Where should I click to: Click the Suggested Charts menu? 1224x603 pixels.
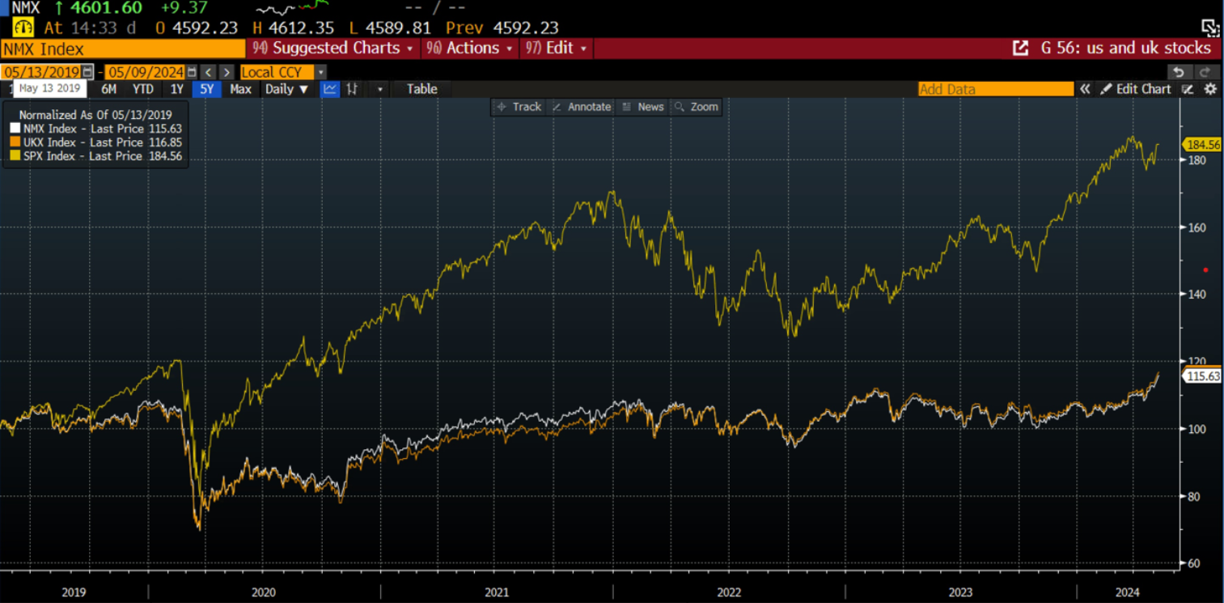pyautogui.click(x=336, y=49)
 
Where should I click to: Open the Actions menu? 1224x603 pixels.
pyautogui.click(x=472, y=49)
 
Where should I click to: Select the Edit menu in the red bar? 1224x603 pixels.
pyautogui.click(x=558, y=49)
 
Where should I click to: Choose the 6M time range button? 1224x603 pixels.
pyautogui.click(x=108, y=89)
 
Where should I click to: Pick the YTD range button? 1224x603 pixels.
pyautogui.click(x=142, y=89)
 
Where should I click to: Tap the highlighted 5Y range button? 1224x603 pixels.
pyautogui.click(x=207, y=89)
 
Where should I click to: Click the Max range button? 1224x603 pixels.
pyautogui.click(x=240, y=89)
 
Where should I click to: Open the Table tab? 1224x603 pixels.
pyautogui.click(x=421, y=89)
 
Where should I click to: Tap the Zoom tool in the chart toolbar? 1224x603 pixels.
pyautogui.click(x=697, y=107)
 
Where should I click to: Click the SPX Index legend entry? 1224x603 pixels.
pyautogui.click(x=95, y=156)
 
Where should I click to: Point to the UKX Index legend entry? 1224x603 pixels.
pyautogui.click(x=95, y=142)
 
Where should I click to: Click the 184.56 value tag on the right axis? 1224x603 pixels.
pyautogui.click(x=1202, y=145)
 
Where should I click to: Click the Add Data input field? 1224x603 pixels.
pyautogui.click(x=995, y=89)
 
